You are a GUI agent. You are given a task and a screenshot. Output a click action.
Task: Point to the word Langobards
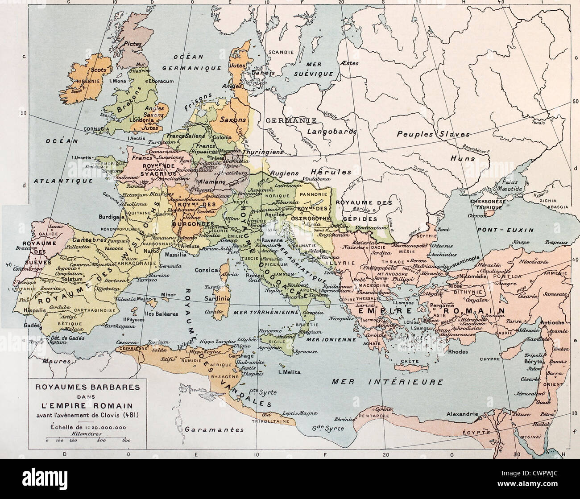tap(331, 132)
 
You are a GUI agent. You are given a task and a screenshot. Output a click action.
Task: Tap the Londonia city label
tap(141, 120)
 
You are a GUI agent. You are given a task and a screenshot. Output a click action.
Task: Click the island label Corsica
tap(207, 270)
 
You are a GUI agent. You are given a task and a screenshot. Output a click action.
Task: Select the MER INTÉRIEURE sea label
tap(388, 382)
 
